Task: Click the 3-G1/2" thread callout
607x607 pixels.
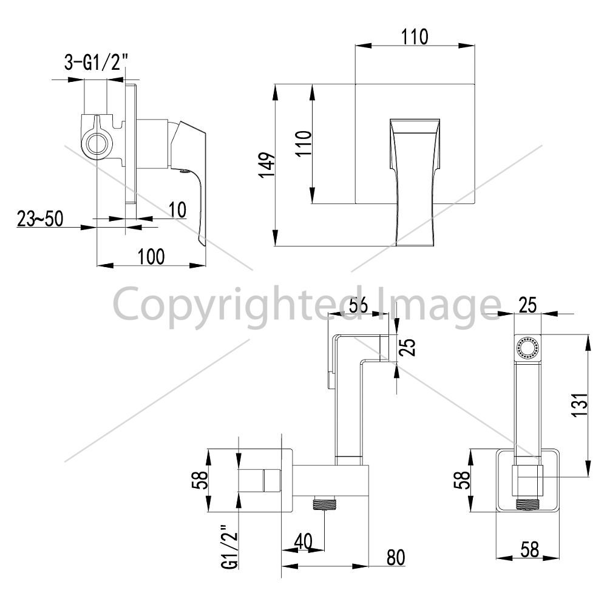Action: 96,62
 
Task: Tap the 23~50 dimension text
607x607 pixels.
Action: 40,219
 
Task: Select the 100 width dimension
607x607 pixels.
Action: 151,256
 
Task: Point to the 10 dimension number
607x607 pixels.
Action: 178,210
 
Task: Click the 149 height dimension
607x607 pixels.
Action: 267,165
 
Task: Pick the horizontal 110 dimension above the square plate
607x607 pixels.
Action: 415,37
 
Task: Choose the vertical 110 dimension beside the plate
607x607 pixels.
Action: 304,143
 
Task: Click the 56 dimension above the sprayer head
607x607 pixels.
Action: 358,305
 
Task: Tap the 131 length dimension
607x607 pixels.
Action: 580,405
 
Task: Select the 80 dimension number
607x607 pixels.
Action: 396,557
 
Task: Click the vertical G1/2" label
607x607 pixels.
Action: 229,547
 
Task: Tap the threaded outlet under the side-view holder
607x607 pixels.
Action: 324,503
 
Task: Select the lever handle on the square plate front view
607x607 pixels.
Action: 415,182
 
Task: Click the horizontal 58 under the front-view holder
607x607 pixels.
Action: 529,549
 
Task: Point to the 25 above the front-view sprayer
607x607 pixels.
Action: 527,305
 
